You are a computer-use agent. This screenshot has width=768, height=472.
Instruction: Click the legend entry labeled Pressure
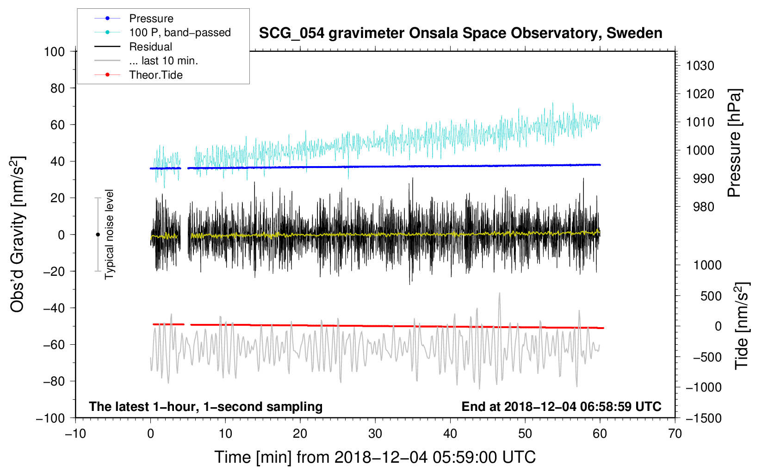(151, 18)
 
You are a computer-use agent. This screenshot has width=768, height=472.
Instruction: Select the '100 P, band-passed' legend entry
(180, 32)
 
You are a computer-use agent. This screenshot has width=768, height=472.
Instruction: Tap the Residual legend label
(150, 47)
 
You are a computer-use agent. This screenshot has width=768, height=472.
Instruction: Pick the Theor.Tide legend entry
(155, 75)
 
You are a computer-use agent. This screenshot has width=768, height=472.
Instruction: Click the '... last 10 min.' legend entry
(163, 61)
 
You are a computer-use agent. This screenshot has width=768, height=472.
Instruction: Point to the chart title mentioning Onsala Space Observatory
(460, 33)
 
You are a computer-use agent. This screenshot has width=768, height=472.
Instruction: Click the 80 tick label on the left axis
(57, 88)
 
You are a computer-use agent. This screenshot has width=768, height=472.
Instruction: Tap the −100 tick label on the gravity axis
(50, 418)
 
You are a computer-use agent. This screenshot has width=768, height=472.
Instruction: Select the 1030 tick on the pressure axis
(700, 66)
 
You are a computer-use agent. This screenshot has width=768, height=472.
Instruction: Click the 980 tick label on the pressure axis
(703, 207)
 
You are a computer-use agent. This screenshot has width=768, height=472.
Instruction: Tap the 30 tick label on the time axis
(375, 434)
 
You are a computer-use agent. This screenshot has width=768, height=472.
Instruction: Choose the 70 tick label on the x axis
(675, 434)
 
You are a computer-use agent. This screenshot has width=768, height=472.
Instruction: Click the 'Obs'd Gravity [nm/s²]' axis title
(17, 234)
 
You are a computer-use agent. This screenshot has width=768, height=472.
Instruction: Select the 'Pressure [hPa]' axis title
(734, 143)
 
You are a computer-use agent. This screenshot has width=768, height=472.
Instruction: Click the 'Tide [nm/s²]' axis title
(742, 326)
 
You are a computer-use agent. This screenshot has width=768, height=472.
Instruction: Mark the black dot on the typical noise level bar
(98, 235)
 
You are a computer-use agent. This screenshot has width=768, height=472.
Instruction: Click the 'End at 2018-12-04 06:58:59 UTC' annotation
(561, 406)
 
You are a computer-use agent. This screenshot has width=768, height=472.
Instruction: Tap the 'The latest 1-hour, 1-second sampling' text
(206, 407)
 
